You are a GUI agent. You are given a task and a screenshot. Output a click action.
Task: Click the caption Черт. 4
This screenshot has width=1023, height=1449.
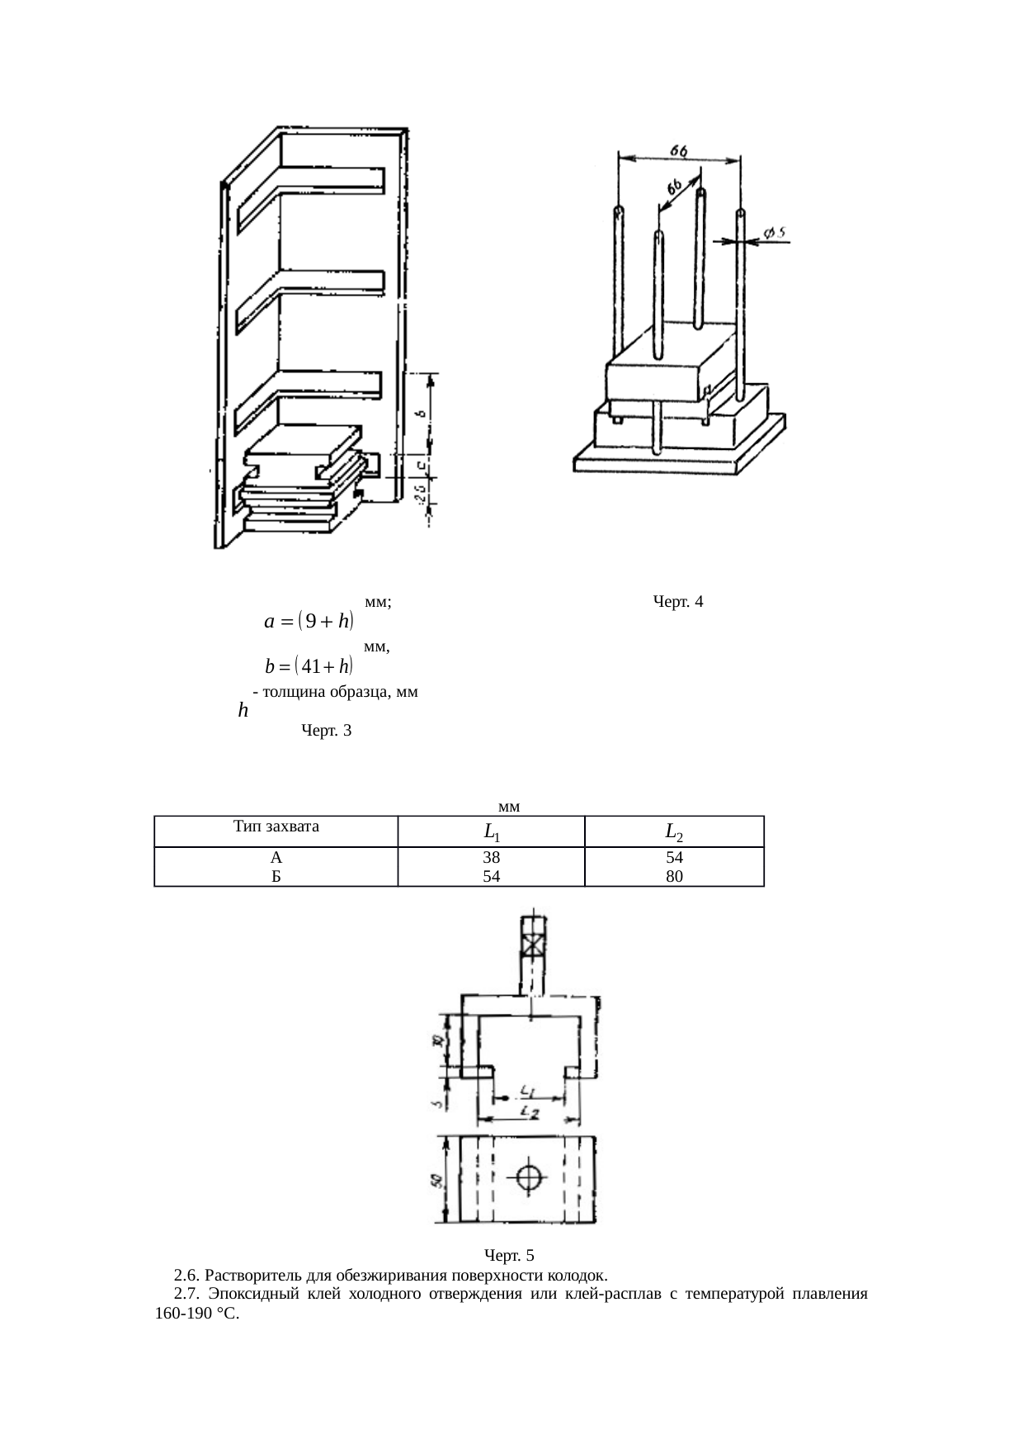tap(677, 602)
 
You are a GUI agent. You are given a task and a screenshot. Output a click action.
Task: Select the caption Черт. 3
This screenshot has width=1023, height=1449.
tap(327, 731)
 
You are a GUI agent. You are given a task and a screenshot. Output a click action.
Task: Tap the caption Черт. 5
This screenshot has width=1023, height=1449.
tap(509, 1256)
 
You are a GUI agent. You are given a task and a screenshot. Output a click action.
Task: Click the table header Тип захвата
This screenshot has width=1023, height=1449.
tap(276, 826)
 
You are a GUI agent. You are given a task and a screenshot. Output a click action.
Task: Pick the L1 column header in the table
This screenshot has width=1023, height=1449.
tap(491, 831)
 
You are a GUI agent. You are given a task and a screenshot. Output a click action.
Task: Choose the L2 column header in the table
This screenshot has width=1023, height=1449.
tap(674, 831)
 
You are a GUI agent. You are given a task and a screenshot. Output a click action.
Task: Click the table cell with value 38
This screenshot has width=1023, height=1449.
tap(491, 858)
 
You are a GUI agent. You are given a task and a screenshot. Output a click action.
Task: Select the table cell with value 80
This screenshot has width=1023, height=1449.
tap(674, 876)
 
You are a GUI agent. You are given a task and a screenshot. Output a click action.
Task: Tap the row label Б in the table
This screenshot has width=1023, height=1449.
tap(277, 876)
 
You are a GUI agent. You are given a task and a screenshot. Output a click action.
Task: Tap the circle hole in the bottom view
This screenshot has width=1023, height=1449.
tap(529, 1177)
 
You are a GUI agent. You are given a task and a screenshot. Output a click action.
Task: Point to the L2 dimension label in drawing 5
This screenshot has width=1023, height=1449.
tap(531, 1115)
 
